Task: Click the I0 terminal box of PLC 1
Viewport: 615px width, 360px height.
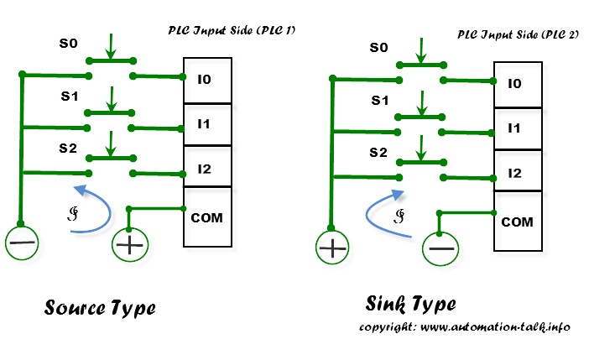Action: tap(206, 81)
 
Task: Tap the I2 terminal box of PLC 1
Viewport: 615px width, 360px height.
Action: tap(206, 169)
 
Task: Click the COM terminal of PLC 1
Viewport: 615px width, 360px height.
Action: tap(206, 217)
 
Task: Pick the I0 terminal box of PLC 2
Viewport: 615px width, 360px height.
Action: tap(516, 84)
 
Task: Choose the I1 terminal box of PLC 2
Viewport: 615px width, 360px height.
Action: tap(516, 128)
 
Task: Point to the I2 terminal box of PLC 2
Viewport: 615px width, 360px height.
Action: tap(516, 173)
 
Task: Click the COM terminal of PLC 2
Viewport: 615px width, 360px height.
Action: tap(516, 222)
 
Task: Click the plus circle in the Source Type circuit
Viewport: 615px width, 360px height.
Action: tap(128, 245)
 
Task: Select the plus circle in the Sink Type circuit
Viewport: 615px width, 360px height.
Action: tap(333, 248)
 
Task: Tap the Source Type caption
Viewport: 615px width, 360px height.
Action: tap(99, 308)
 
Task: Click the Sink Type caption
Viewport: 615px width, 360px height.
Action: tap(410, 303)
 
